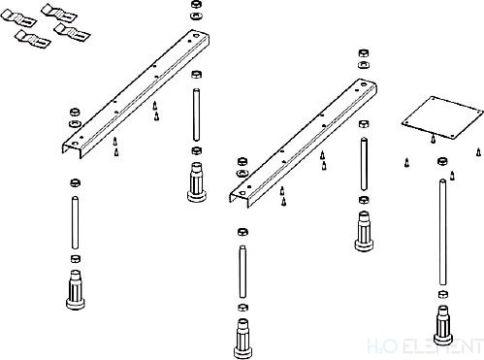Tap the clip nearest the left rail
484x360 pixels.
coord(68,31)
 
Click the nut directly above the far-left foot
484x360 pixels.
coord(72,259)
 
